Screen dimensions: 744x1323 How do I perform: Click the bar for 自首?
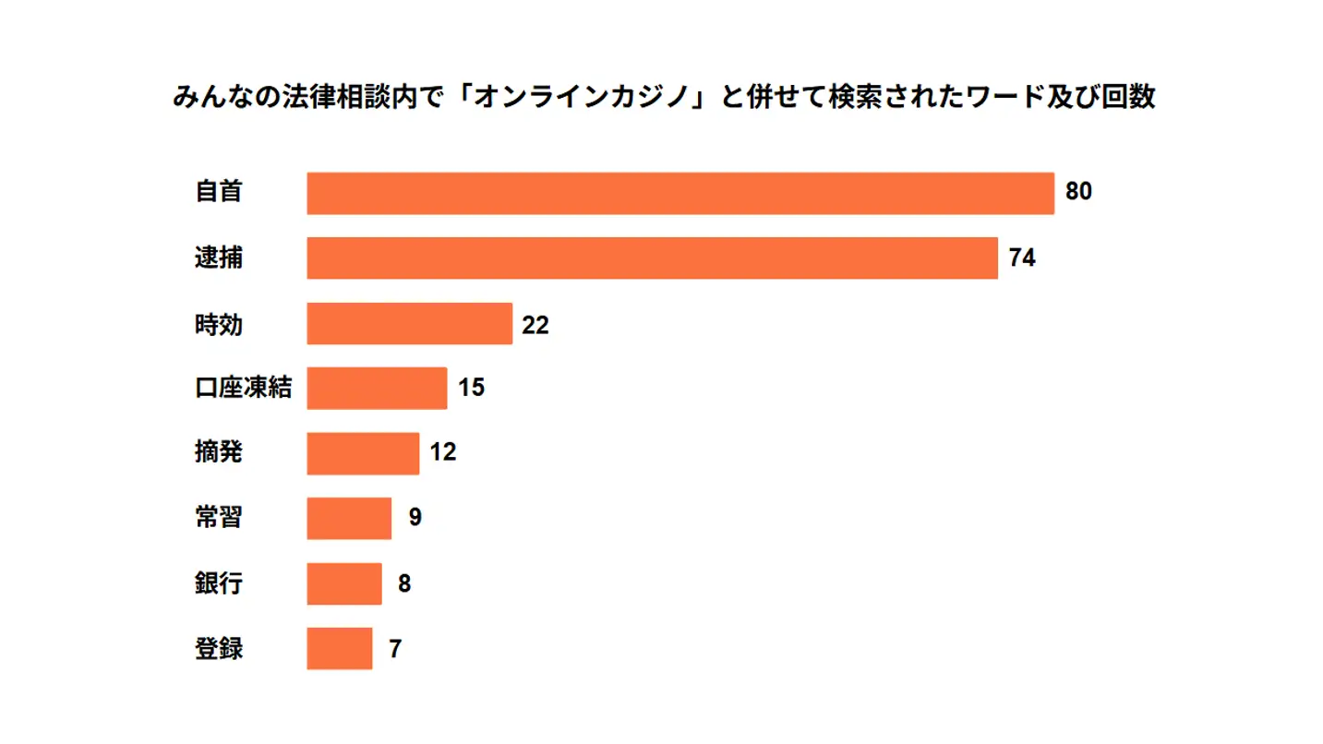(680, 194)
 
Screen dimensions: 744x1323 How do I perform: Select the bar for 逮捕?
(652, 258)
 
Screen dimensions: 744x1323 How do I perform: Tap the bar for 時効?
(409, 324)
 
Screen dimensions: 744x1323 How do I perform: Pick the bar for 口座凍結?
(377, 389)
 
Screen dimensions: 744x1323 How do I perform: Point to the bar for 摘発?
(363, 453)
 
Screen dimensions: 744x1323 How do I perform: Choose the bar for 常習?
(349, 519)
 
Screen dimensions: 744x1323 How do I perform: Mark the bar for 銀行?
(344, 583)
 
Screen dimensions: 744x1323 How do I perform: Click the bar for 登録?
(340, 649)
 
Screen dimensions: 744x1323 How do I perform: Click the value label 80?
(1078, 193)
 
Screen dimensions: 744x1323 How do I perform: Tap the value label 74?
(1022, 258)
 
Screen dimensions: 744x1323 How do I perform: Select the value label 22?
(535, 325)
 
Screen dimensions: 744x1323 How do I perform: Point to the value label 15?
(471, 389)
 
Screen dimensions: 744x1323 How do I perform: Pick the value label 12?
(443, 453)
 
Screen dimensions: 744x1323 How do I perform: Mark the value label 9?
(415, 518)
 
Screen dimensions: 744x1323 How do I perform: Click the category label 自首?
(219, 192)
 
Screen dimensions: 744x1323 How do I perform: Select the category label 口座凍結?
(243, 388)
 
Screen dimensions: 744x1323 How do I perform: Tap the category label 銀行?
(219, 583)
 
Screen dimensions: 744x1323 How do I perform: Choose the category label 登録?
(219, 649)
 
